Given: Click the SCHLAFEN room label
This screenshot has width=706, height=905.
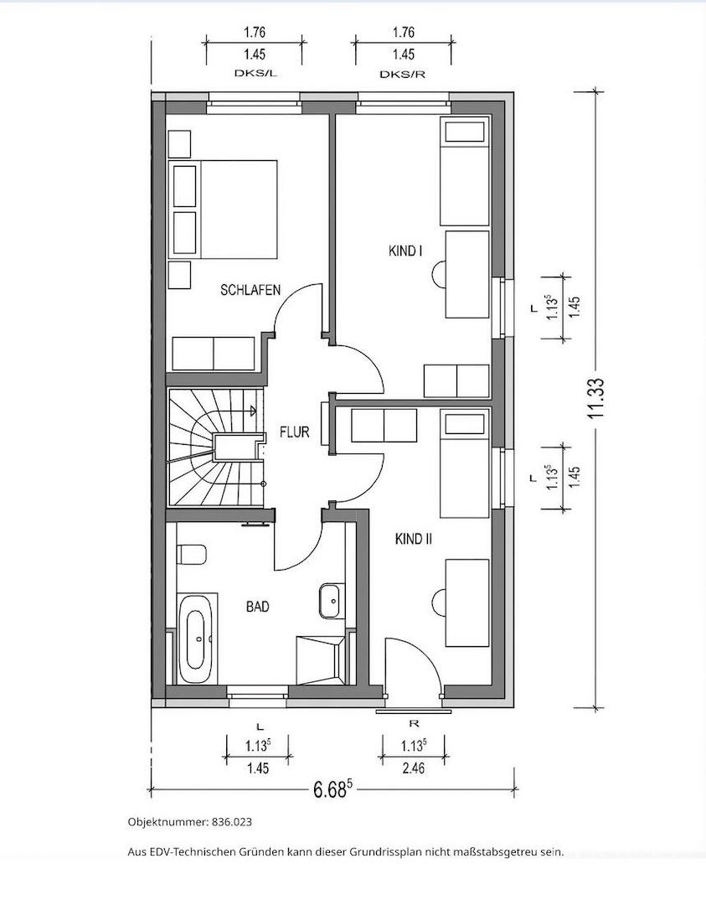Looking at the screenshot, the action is pyautogui.click(x=250, y=290).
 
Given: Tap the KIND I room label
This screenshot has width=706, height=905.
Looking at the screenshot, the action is pyautogui.click(x=405, y=251).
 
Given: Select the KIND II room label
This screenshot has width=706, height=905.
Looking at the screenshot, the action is pyautogui.click(x=414, y=539).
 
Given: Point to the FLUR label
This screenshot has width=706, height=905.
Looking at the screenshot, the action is pyautogui.click(x=295, y=432).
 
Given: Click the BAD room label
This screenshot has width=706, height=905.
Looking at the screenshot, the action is pyautogui.click(x=258, y=607).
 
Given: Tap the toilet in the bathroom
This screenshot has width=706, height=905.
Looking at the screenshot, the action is pyautogui.click(x=192, y=555).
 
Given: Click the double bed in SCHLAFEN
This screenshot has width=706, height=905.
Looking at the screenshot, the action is pyautogui.click(x=224, y=209).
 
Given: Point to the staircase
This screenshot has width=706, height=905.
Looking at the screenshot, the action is pyautogui.click(x=214, y=447).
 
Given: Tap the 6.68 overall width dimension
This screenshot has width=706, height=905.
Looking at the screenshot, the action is pyautogui.click(x=332, y=789).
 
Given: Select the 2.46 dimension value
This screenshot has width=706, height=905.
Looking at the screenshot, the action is pyautogui.click(x=412, y=768).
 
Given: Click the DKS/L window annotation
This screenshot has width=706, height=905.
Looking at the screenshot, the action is pyautogui.click(x=254, y=73).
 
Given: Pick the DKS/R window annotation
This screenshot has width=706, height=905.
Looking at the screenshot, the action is pyautogui.click(x=403, y=74).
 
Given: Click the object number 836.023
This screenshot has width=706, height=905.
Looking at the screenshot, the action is pyautogui.click(x=232, y=822).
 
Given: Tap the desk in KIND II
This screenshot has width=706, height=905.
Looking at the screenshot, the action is pyautogui.click(x=467, y=602).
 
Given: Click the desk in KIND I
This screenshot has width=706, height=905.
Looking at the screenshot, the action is pyautogui.click(x=467, y=275).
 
